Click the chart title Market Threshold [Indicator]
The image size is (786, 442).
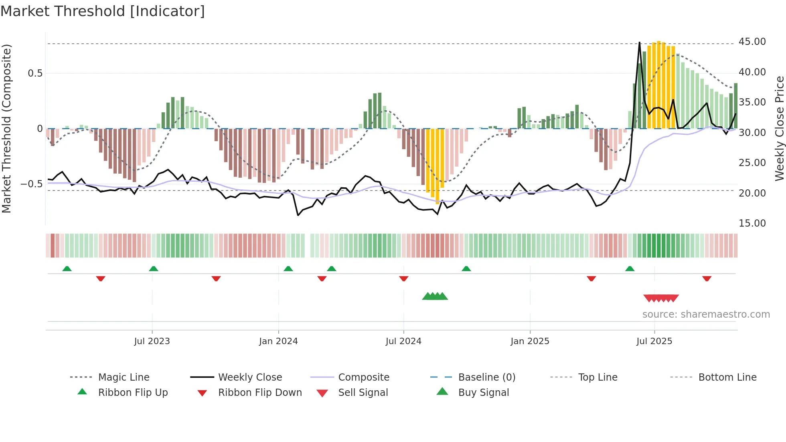pyautogui.click(x=103, y=11)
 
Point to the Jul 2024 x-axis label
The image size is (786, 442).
pyautogui.click(x=403, y=341)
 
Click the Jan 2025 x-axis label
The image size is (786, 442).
pyautogui.click(x=530, y=341)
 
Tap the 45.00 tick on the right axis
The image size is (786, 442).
pyautogui.click(x=752, y=42)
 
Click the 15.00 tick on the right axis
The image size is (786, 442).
pyautogui.click(x=752, y=223)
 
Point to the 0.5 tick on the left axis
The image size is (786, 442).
pyautogui.click(x=35, y=73)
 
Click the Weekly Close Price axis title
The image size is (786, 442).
pyautogui.click(x=779, y=128)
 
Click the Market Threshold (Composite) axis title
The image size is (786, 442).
pyautogui.click(x=6, y=128)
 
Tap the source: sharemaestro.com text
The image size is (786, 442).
pyautogui.click(x=706, y=314)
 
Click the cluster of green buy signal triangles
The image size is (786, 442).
pyautogui.click(x=435, y=296)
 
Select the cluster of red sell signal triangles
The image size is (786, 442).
pyautogui.click(x=661, y=298)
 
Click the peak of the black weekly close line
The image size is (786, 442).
pyautogui.click(x=639, y=43)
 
